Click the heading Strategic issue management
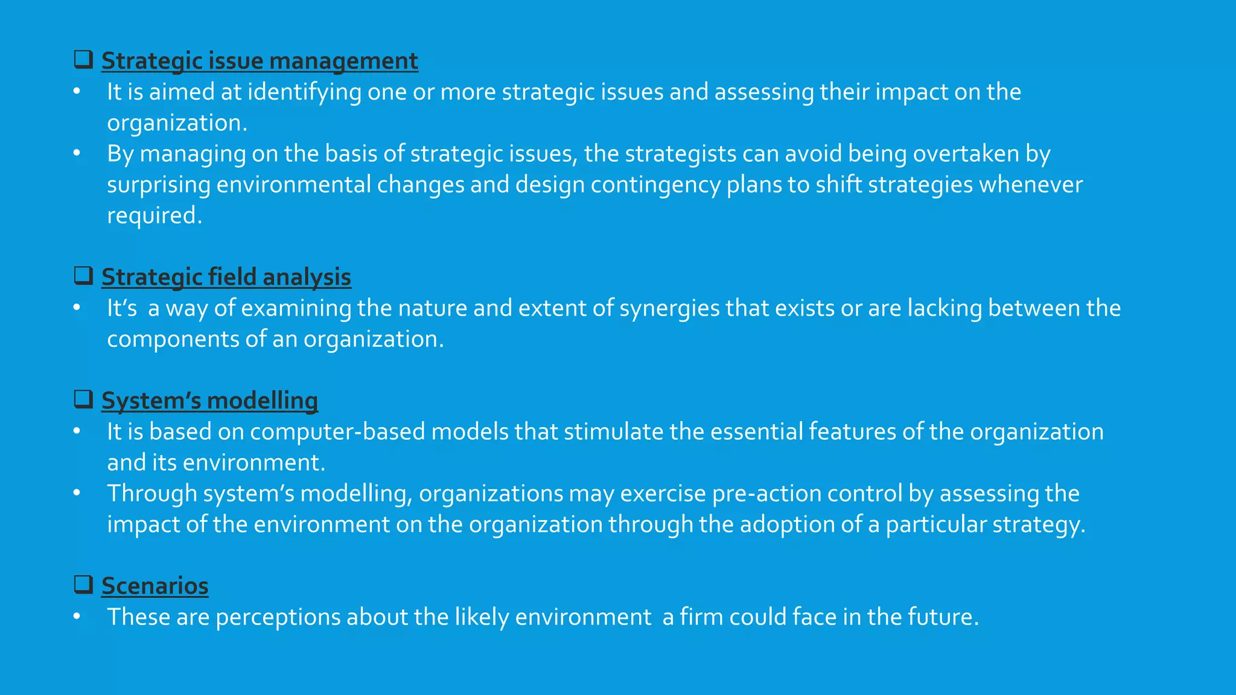(260, 61)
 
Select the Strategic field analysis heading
(226, 277)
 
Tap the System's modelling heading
(209, 401)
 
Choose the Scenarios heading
(154, 586)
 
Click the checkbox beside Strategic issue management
(83, 59)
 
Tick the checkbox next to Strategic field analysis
(83, 275)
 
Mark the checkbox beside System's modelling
(83, 399)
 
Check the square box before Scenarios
(83, 584)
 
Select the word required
(154, 216)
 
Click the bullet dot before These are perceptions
(77, 617)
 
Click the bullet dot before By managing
(77, 153)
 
